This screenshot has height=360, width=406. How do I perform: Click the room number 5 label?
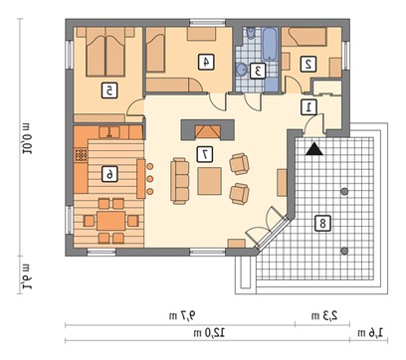tap(109, 90)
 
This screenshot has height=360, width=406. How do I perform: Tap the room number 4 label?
tap(206, 63)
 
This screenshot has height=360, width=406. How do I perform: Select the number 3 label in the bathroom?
tap(258, 71)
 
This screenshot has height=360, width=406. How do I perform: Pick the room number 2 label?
tap(308, 64)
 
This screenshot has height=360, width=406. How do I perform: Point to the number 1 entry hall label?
tap(308, 107)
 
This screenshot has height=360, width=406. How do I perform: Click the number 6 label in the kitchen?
tap(109, 174)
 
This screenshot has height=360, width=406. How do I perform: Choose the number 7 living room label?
tap(205, 154)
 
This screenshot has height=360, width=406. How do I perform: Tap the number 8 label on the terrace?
tap(322, 223)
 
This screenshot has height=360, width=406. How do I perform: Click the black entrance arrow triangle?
tap(314, 149)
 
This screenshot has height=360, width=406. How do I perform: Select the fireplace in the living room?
tap(207, 130)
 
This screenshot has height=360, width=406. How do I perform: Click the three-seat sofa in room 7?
tap(180, 181)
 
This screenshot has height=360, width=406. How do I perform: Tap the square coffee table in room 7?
tap(209, 181)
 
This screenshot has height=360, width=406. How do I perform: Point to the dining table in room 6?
tap(111, 221)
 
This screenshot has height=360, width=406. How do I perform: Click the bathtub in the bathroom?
tap(271, 45)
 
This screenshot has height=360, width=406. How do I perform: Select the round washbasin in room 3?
tap(242, 70)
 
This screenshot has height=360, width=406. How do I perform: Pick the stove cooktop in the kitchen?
tap(81, 155)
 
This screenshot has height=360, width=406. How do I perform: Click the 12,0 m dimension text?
tap(209, 332)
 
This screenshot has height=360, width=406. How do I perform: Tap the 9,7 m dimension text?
tap(182, 316)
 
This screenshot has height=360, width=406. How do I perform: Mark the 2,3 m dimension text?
tap(324, 315)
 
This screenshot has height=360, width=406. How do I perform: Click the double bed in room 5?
tap(105, 53)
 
